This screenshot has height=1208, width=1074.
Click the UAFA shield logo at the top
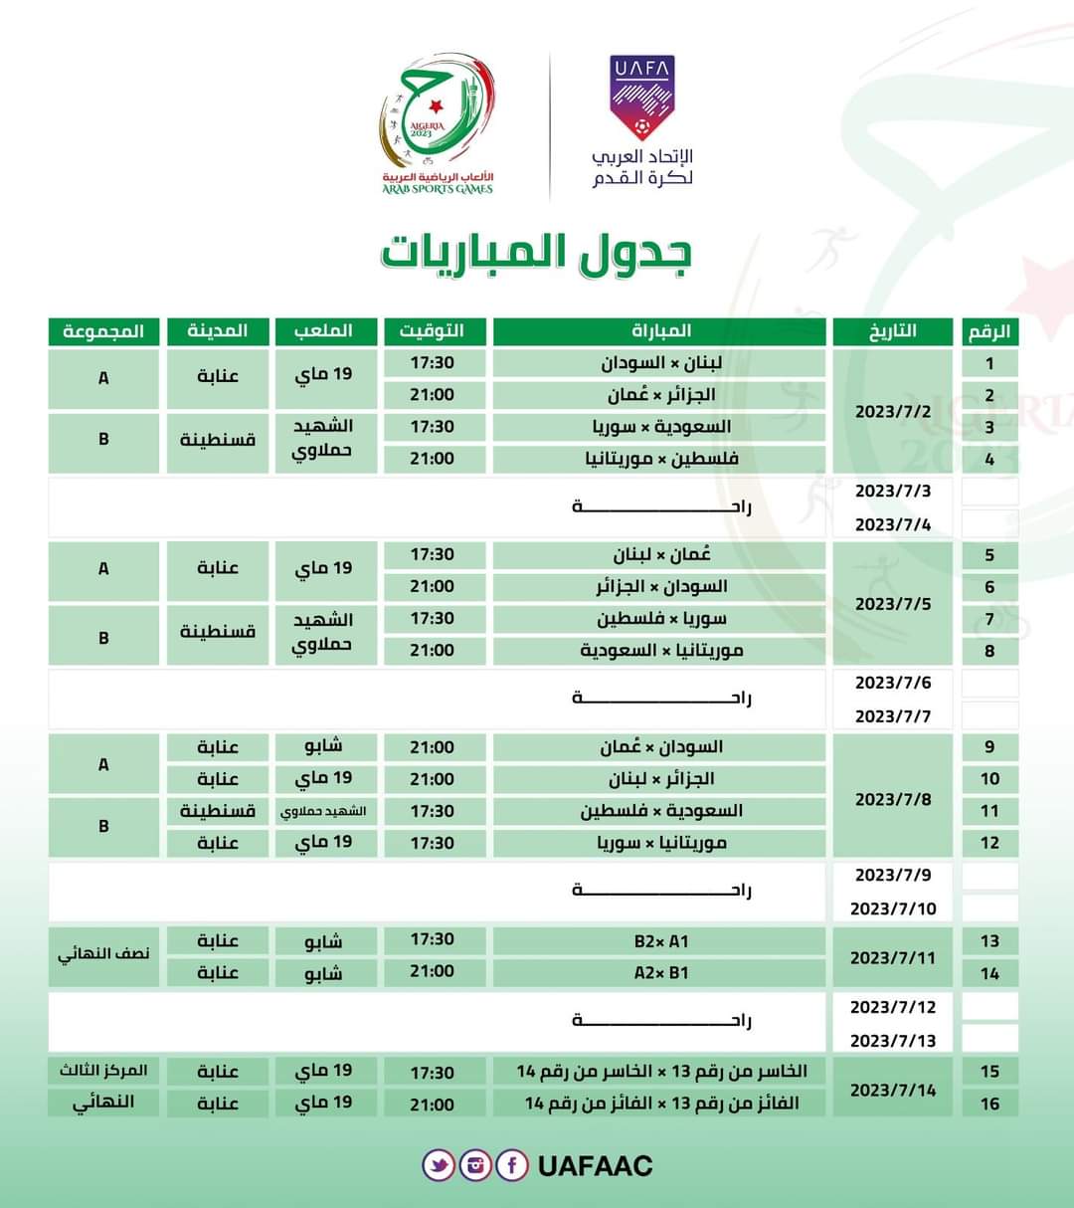[641, 98]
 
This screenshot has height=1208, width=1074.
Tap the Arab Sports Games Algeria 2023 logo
[437, 125]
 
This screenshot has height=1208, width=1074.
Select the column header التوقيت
[432, 330]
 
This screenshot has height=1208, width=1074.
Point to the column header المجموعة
[103, 330]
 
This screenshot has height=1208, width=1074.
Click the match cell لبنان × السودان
[660, 363]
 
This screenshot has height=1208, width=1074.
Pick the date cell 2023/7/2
[893, 410]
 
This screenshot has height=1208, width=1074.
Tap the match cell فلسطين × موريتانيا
[660, 459]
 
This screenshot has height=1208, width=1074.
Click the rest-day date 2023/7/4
[893, 524]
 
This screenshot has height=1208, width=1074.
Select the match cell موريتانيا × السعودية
[660, 651]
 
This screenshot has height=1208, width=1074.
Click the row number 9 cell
[989, 747]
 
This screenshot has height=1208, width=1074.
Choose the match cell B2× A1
[660, 941]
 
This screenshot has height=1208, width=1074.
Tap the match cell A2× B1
[660, 973]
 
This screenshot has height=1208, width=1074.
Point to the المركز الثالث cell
[103, 1071]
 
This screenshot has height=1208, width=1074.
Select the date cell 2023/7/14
[893, 1090]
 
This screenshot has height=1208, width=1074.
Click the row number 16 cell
[989, 1104]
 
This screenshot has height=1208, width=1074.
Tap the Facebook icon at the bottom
[511, 1165]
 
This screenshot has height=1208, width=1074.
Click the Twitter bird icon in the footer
[439, 1165]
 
